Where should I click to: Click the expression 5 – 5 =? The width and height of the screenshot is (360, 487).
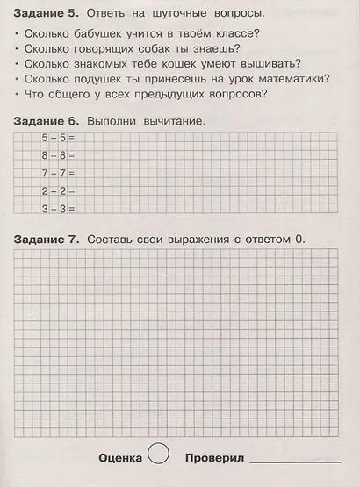click(x=59, y=138)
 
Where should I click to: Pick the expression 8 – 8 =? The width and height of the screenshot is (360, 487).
click(x=59, y=155)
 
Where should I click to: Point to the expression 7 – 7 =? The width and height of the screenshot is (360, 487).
click(x=59, y=173)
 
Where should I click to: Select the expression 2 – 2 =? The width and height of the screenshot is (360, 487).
click(x=59, y=190)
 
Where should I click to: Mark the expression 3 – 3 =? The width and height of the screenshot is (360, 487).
click(x=59, y=208)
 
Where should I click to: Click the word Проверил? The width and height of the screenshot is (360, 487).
click(x=215, y=458)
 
